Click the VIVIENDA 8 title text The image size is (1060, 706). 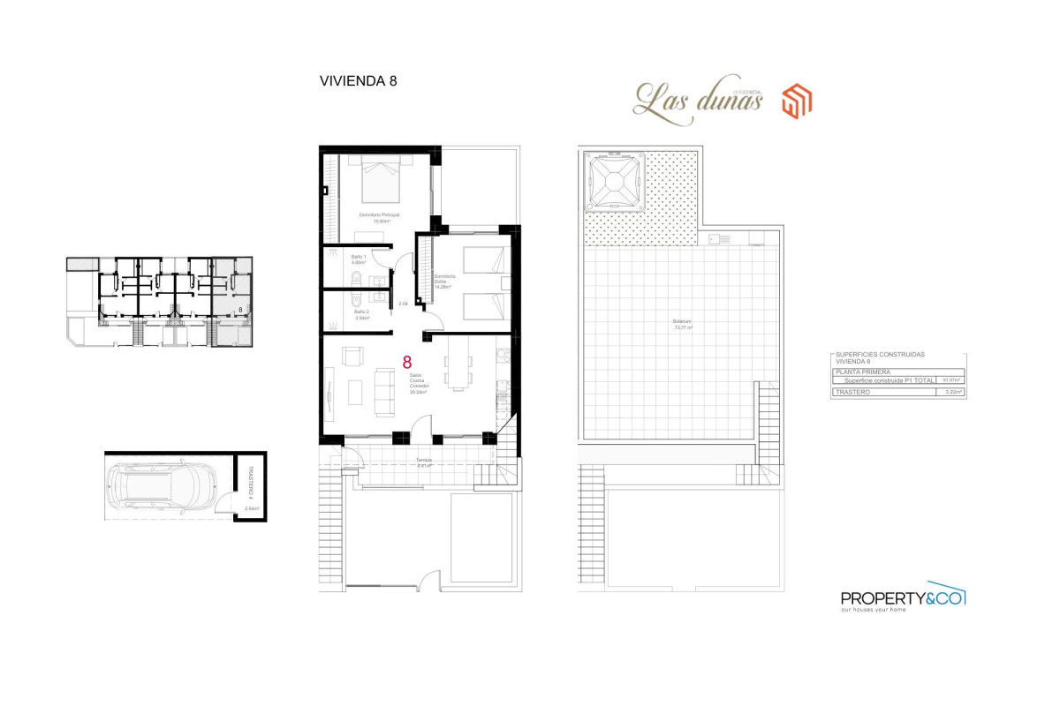tap(358, 80)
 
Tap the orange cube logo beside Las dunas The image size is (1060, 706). tap(798, 101)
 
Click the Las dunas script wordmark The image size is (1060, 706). tap(698, 99)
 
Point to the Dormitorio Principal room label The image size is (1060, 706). tap(379, 217)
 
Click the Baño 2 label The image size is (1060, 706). tap(360, 313)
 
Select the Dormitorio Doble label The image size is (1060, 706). tap(443, 282)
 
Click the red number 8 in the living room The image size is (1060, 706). tap(407, 362)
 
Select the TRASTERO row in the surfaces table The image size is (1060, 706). tap(897, 391)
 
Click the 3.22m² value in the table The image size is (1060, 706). tap(950, 391)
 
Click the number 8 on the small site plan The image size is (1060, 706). tap(240, 310)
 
